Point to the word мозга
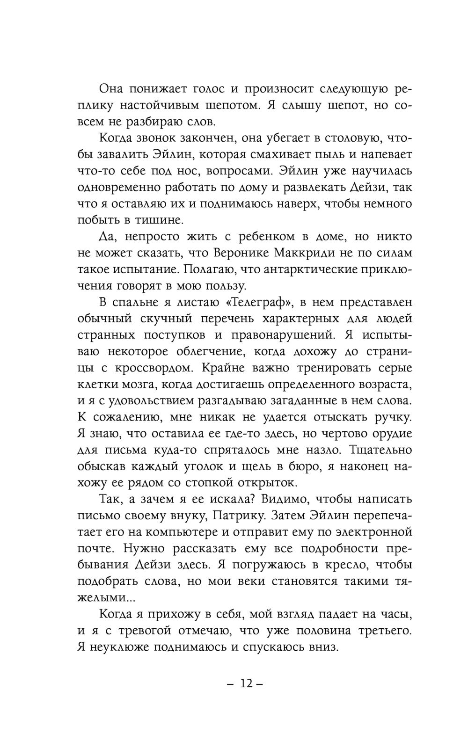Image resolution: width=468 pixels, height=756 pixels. point(134,384)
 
